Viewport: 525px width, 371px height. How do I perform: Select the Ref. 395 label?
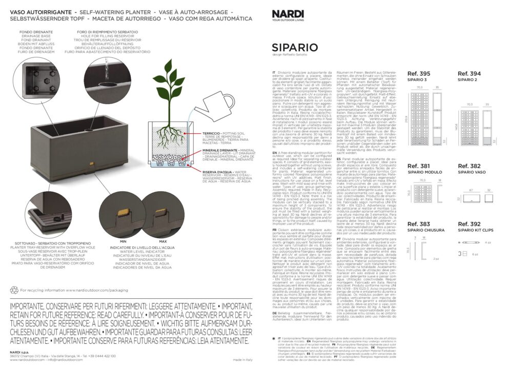point(419,74)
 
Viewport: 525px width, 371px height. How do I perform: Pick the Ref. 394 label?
point(469,74)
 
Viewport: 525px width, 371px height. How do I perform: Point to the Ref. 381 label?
point(418,166)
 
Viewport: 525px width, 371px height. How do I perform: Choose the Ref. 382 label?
point(469,166)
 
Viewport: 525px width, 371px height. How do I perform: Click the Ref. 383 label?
point(418,224)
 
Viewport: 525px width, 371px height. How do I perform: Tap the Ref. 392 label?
point(469,224)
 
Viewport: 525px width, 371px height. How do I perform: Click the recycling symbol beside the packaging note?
point(14,290)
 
